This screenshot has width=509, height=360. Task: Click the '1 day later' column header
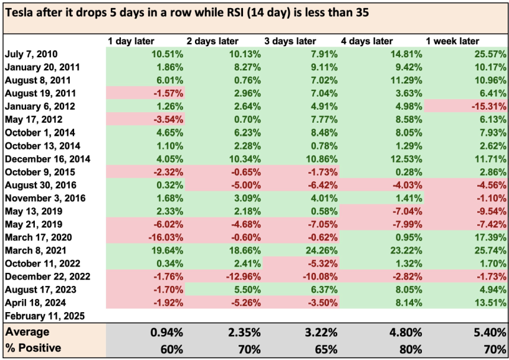coord(131,41)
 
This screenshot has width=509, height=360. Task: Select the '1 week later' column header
coord(452,41)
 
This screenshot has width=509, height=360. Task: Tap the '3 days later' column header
coord(290,41)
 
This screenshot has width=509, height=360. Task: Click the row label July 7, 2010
coord(31,54)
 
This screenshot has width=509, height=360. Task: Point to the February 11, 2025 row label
coord(45,316)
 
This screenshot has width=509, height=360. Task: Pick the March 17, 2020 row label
coord(38,237)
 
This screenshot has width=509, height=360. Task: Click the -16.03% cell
coord(166,237)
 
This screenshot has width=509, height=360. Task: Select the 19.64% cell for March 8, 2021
coord(168,250)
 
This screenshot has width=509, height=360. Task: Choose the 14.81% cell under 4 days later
coord(406,54)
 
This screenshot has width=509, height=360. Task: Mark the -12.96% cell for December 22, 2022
coord(243,277)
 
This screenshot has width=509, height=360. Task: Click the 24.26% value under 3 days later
coord(321,250)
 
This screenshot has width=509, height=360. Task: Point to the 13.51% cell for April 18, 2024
coord(490,303)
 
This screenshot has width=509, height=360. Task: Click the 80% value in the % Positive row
coord(411,349)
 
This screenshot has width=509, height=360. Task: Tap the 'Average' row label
coord(27,332)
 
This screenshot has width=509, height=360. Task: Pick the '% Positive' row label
coord(33,348)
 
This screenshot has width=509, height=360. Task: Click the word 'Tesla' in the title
coord(17,12)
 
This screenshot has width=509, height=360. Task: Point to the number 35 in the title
coord(363,12)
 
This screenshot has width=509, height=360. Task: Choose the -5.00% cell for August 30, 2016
coord(245,185)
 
